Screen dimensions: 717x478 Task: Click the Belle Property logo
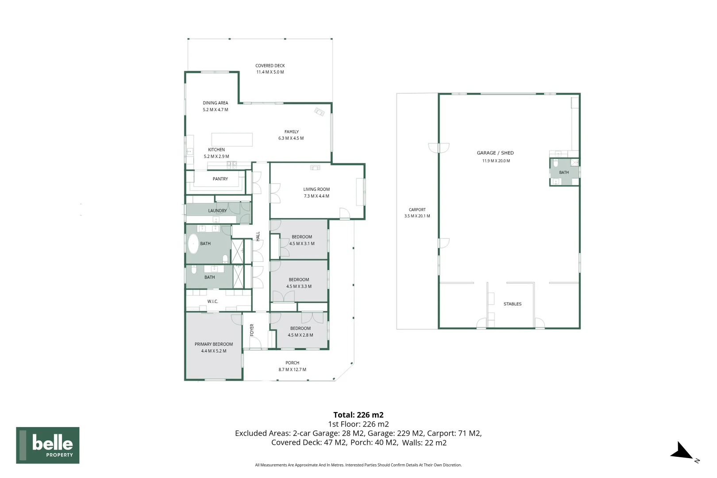[x=48, y=445]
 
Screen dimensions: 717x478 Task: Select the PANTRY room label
[x=220, y=179]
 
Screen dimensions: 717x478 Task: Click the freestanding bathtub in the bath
[x=193, y=244]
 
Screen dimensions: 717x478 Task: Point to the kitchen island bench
[x=232, y=139]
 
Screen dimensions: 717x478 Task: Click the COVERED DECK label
[x=270, y=66]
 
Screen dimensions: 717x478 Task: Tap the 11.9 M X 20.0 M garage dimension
[x=496, y=161]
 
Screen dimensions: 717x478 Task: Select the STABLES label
[x=513, y=304]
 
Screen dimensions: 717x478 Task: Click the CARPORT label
[x=417, y=210]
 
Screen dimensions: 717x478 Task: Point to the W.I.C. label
[x=212, y=301]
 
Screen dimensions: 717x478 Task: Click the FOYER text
[x=251, y=330]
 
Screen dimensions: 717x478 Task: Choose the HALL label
[x=258, y=236]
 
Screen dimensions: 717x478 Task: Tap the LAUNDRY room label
[x=217, y=211]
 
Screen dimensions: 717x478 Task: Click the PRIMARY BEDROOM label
[x=213, y=344]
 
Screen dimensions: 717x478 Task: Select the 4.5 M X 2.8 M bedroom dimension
[x=300, y=335]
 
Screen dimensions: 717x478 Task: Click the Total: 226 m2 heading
[x=358, y=415]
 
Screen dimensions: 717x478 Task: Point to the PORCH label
[x=292, y=363]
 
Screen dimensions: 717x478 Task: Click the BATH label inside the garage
[x=564, y=172]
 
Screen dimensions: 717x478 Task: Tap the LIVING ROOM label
[x=316, y=189]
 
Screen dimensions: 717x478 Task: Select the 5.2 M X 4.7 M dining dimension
[x=216, y=109]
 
